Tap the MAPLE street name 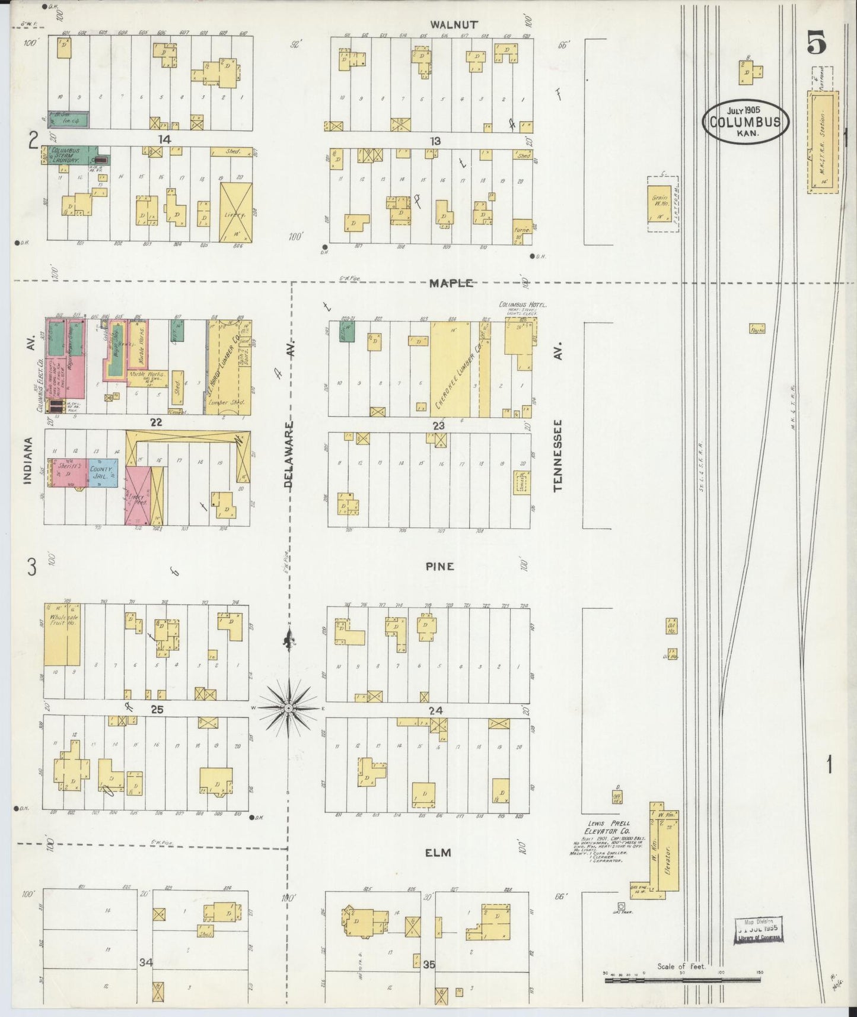(x=451, y=283)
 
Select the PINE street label (x=439, y=567)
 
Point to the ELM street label (x=438, y=853)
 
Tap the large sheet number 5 (x=817, y=43)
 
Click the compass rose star (x=288, y=707)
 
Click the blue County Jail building (x=104, y=473)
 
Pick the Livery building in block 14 (x=235, y=212)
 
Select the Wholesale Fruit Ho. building (x=62, y=634)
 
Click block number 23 (x=438, y=425)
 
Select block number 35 (x=428, y=964)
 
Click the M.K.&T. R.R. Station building (x=823, y=142)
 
